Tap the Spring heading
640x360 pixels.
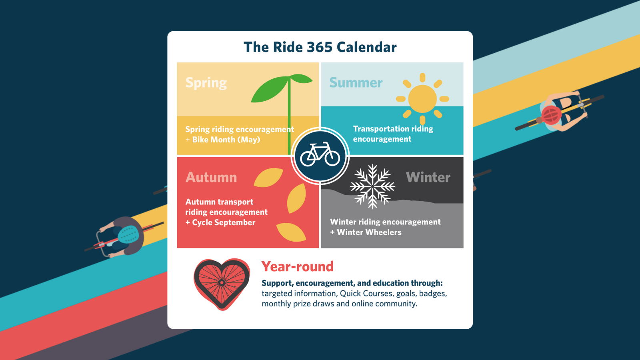(x=206, y=83)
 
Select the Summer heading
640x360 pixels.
(x=356, y=83)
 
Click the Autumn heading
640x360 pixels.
(x=211, y=177)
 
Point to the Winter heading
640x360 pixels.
(x=428, y=177)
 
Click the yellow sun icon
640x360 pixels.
(x=422, y=99)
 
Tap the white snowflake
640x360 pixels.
(x=372, y=186)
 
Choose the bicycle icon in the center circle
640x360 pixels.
(x=320, y=155)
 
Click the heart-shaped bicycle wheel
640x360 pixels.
(x=222, y=283)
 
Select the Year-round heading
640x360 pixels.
(x=297, y=266)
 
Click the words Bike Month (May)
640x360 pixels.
(x=226, y=140)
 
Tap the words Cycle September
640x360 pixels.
(x=224, y=222)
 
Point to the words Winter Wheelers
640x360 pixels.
(x=369, y=232)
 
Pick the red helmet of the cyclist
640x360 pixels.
(x=551, y=115)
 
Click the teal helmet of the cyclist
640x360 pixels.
(x=128, y=235)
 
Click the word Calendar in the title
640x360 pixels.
(x=366, y=47)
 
